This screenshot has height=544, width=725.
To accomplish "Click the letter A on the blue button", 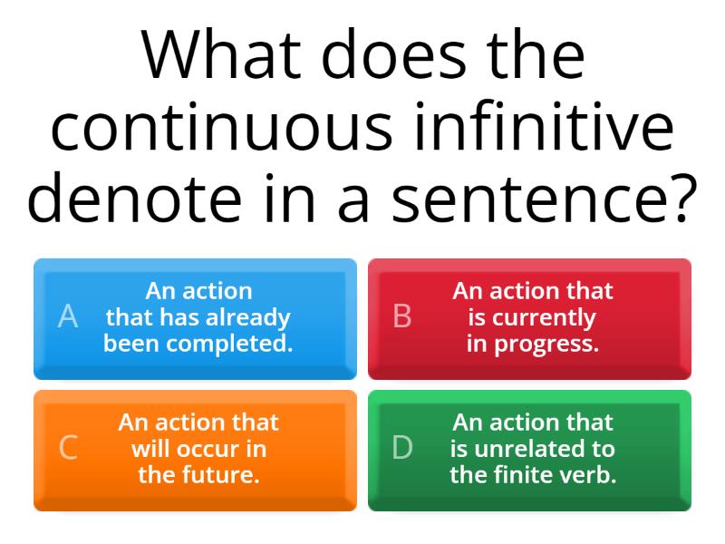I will pos(67,316).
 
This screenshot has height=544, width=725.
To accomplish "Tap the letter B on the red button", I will pos(401,316).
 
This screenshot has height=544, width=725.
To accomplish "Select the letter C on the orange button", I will pos(67,448).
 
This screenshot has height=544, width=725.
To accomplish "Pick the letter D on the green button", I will pos(401,448).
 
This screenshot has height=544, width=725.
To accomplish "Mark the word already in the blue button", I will pos(251,317).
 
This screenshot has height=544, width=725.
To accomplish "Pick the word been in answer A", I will pos(132,344).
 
